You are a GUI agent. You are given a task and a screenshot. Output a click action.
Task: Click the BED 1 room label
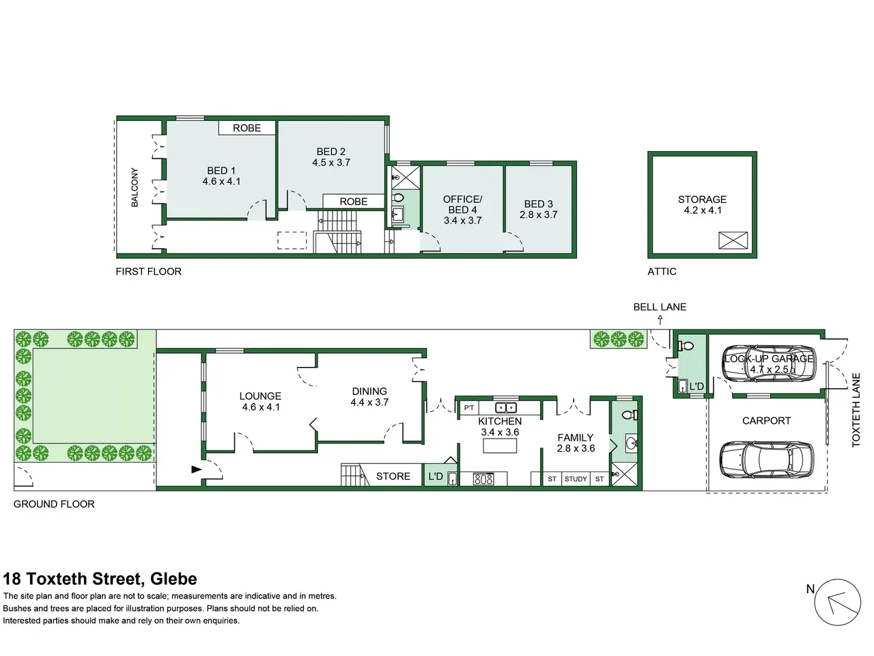coord(221,170)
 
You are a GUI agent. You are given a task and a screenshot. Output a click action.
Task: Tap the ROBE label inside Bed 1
coord(247,128)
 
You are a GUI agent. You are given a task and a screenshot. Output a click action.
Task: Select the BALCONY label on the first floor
coord(135,187)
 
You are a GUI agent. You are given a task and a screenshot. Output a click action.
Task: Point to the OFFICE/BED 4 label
coord(462,204)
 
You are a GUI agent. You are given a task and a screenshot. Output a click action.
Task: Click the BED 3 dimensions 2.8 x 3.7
coord(538,215)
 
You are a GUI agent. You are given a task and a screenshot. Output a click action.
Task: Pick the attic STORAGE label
coord(702,199)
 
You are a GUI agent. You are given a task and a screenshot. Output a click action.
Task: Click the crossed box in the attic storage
coord(733,241)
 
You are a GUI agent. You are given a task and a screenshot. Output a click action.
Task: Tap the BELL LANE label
coord(660,307)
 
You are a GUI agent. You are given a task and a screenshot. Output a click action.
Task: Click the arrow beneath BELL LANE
coord(660,319)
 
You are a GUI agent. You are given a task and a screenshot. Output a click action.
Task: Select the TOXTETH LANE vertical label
coord(856,410)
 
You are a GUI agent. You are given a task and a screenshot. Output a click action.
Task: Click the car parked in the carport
coord(767,460)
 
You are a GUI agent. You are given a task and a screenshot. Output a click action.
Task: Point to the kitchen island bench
coord(500,446)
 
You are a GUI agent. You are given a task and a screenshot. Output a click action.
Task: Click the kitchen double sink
coord(506,408)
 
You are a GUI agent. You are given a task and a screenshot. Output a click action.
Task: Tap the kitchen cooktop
coord(483,479)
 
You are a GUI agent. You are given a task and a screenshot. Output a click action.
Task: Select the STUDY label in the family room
coord(576,479)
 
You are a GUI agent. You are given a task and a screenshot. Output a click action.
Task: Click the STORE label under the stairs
coord(393,476)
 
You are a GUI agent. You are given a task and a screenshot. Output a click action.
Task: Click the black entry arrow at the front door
coord(196,469)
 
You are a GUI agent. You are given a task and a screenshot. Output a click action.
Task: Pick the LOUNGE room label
coord(260,396)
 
